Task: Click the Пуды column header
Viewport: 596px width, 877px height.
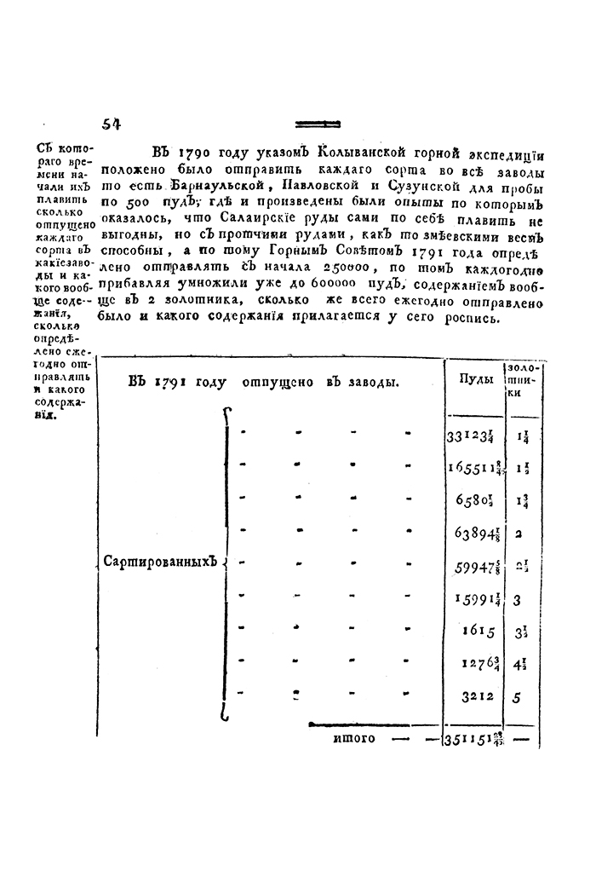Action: click(473, 379)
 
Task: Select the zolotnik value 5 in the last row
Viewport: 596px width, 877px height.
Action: click(519, 696)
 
